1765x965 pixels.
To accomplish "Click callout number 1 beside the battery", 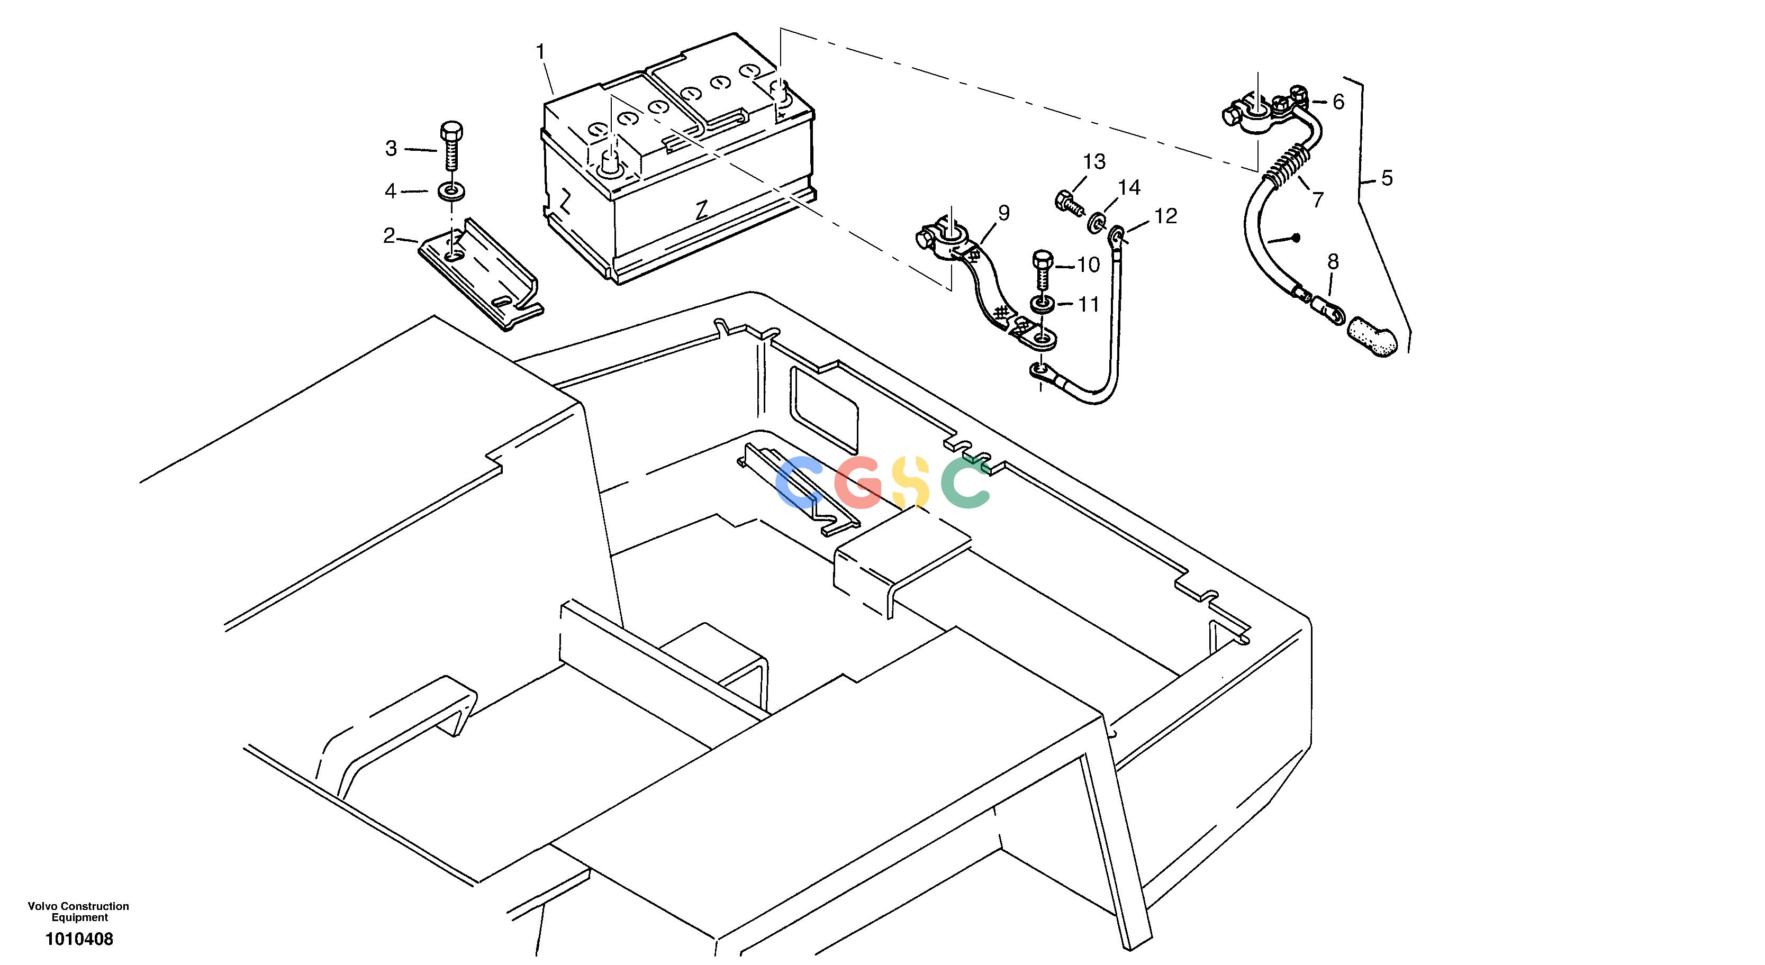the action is pyautogui.click(x=540, y=51).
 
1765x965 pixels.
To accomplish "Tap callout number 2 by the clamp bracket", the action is pyautogui.click(x=389, y=236).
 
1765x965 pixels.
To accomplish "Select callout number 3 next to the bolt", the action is pyautogui.click(x=391, y=149).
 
